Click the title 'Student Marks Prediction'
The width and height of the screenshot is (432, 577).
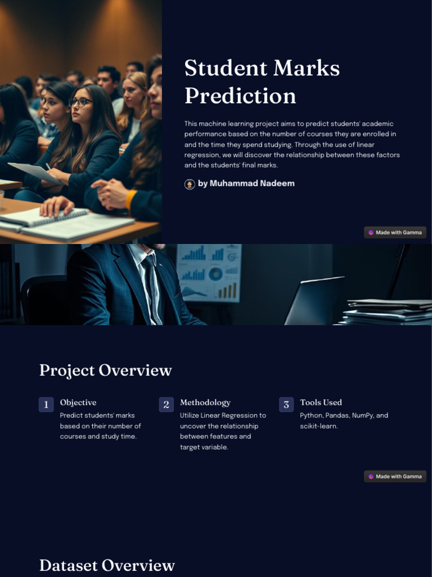[x=262, y=82]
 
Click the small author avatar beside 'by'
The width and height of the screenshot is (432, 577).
[x=190, y=184]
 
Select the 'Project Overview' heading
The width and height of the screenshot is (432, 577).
[x=105, y=370]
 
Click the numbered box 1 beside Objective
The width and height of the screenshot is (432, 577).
[x=46, y=405]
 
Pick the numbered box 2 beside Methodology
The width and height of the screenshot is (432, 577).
[x=166, y=405]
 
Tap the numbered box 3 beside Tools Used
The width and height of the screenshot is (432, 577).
[x=286, y=405]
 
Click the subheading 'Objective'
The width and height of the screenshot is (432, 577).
[x=78, y=402]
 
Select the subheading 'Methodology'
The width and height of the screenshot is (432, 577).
[x=205, y=402]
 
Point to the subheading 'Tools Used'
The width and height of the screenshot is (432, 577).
[x=321, y=402]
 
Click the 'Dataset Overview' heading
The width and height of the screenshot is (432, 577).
[x=107, y=565]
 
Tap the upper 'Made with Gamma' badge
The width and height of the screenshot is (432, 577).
[x=395, y=232]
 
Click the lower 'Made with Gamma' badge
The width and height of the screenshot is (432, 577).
[x=395, y=476]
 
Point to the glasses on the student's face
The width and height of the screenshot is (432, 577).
[x=80, y=102]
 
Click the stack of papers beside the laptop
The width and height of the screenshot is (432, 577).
[x=388, y=312]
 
